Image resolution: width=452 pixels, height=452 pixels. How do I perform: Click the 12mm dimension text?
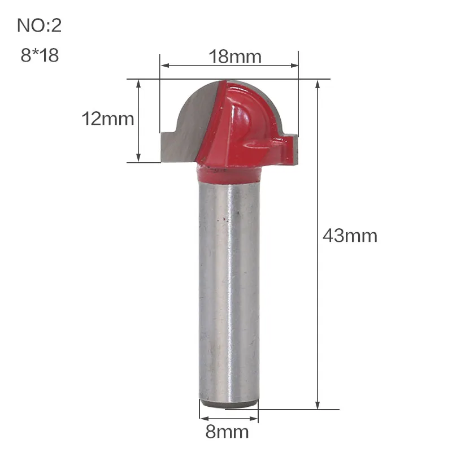click(108, 119)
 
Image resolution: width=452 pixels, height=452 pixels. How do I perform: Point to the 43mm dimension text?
click(350, 236)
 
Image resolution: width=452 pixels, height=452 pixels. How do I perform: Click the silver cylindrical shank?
click(229, 282)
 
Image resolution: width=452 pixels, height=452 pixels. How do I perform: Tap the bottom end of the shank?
click(229, 403)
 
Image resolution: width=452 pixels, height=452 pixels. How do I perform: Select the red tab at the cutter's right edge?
click(288, 150)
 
